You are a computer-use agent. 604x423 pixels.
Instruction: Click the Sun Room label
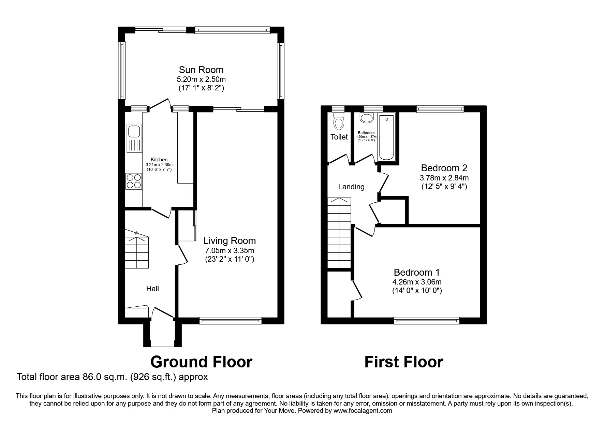click(201, 70)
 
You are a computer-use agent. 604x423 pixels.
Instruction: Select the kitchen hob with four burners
click(134, 181)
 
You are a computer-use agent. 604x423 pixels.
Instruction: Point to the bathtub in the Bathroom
click(386, 137)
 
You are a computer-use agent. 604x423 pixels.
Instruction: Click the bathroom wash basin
click(367, 119)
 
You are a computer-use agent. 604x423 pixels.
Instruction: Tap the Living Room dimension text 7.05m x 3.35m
click(230, 251)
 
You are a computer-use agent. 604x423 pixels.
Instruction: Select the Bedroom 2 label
click(444, 168)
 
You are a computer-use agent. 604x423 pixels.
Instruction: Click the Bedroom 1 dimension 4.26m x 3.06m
click(417, 282)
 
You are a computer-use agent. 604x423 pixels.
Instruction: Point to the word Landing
click(351, 187)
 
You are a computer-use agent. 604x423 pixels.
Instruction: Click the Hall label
click(152, 289)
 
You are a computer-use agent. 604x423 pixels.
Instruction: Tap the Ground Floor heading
click(201, 362)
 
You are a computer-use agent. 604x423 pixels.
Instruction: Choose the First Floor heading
click(403, 362)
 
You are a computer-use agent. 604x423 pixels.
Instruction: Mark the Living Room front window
click(230, 320)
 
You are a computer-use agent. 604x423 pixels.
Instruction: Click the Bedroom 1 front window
click(427, 320)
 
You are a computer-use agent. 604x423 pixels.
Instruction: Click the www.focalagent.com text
click(363, 411)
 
